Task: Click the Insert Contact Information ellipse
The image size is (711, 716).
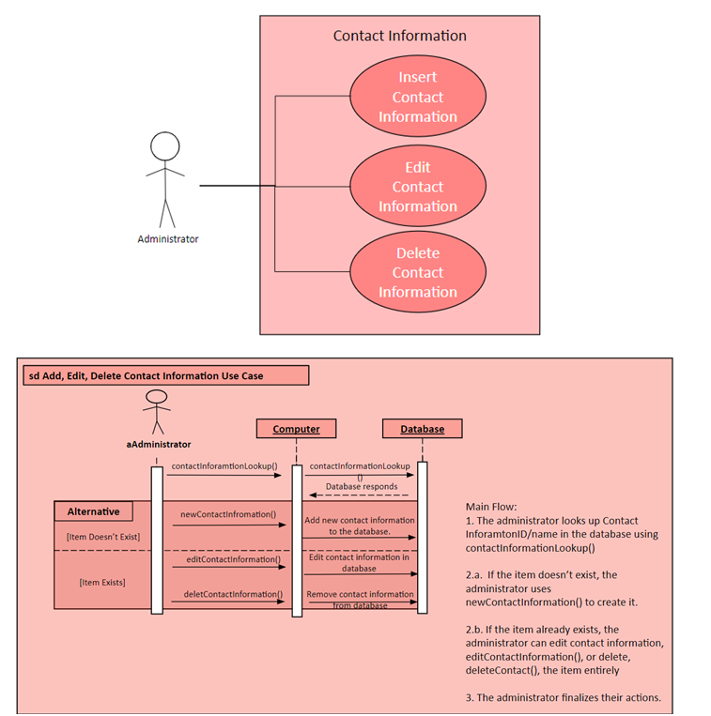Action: click(418, 97)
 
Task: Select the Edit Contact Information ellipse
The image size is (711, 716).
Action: click(418, 187)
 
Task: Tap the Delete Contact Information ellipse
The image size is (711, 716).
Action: click(418, 272)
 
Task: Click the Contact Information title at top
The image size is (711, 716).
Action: click(399, 36)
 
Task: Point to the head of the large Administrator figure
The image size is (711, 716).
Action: click(165, 146)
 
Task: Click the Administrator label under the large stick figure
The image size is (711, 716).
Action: click(168, 239)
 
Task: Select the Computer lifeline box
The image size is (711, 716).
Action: click(296, 429)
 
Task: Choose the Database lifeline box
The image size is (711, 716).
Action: click(423, 429)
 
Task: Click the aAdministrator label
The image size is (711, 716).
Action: click(159, 444)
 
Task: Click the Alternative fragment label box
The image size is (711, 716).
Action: click(93, 511)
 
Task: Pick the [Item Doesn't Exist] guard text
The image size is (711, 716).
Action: click(102, 537)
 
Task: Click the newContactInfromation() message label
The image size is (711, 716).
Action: click(227, 514)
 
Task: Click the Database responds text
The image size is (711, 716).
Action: click(362, 486)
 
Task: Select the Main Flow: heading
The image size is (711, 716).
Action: click(491, 507)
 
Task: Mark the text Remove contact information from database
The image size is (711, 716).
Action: click(359, 600)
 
